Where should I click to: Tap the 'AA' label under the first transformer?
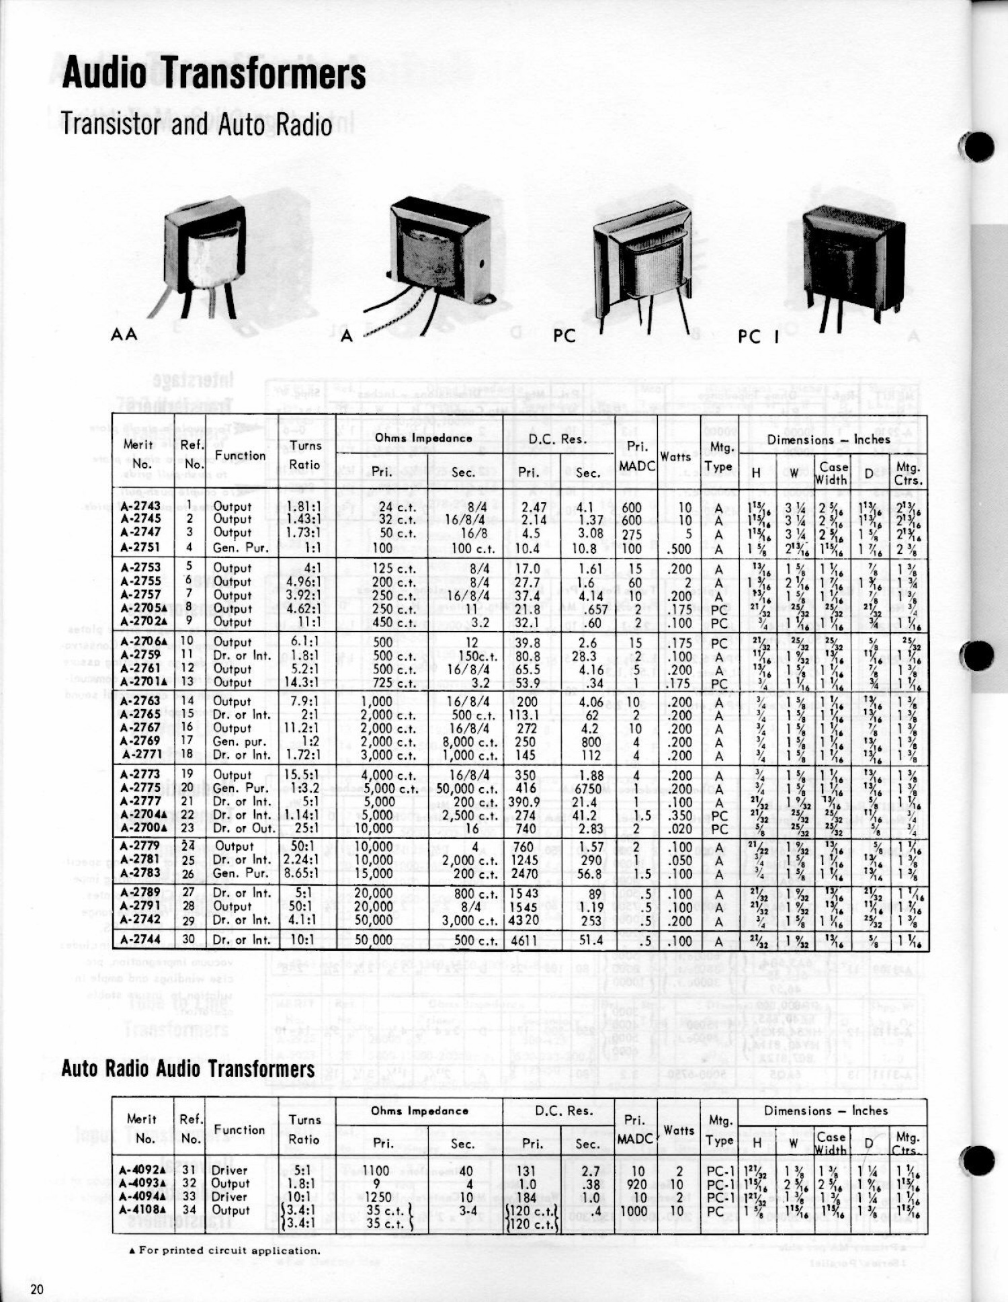(124, 333)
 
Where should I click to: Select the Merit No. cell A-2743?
(140, 506)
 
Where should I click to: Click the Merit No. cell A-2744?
(140, 940)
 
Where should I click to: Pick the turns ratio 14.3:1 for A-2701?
(301, 682)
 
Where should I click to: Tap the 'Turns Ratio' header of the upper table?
(305, 454)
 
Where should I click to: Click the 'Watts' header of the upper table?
(675, 456)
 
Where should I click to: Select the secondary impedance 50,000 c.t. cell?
(466, 788)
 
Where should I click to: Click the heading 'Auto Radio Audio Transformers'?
(187, 1069)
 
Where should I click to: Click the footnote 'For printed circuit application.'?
(224, 1250)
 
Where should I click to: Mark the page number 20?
(36, 1289)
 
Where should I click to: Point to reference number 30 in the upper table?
(187, 940)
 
